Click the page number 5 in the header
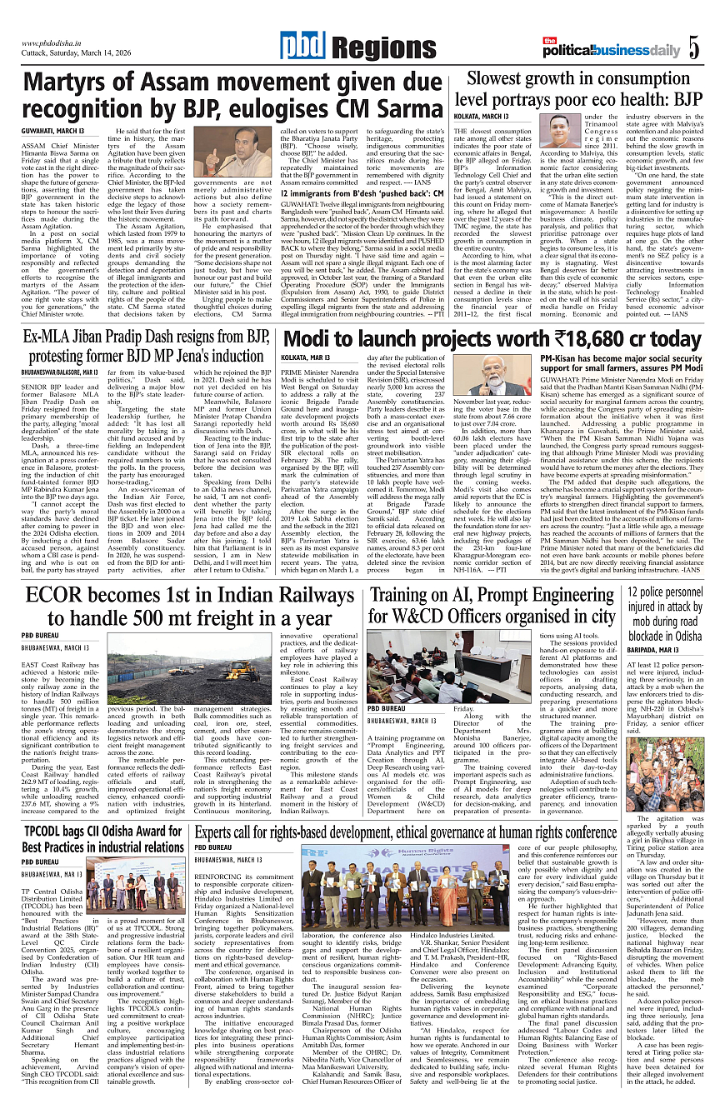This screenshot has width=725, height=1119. click(694, 47)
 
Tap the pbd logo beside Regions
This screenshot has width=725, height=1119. click(299, 47)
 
